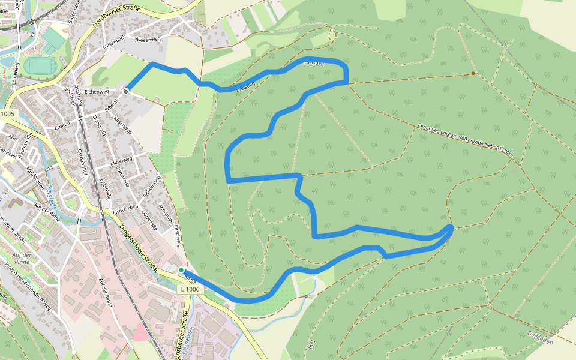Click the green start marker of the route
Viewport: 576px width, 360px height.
coord(181,270)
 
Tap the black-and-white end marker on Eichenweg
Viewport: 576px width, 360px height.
coord(126,91)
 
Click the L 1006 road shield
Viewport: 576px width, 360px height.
coord(189,289)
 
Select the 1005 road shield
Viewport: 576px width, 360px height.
coord(8,114)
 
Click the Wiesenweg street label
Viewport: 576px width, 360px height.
coord(149,39)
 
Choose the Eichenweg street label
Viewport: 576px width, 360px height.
coord(97,91)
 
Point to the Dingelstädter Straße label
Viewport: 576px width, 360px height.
coord(139,246)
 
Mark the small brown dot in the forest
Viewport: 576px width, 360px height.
coord(473,73)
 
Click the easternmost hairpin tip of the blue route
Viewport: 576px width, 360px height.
coord(451,227)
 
